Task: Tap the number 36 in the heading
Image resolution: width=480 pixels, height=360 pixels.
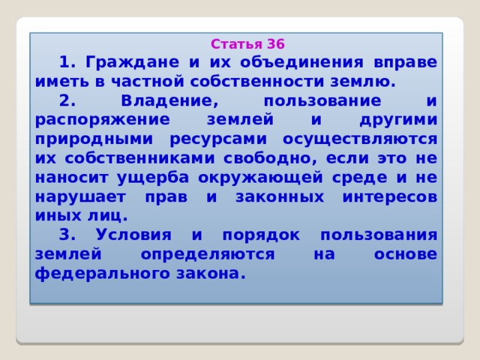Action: pos(275,43)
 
